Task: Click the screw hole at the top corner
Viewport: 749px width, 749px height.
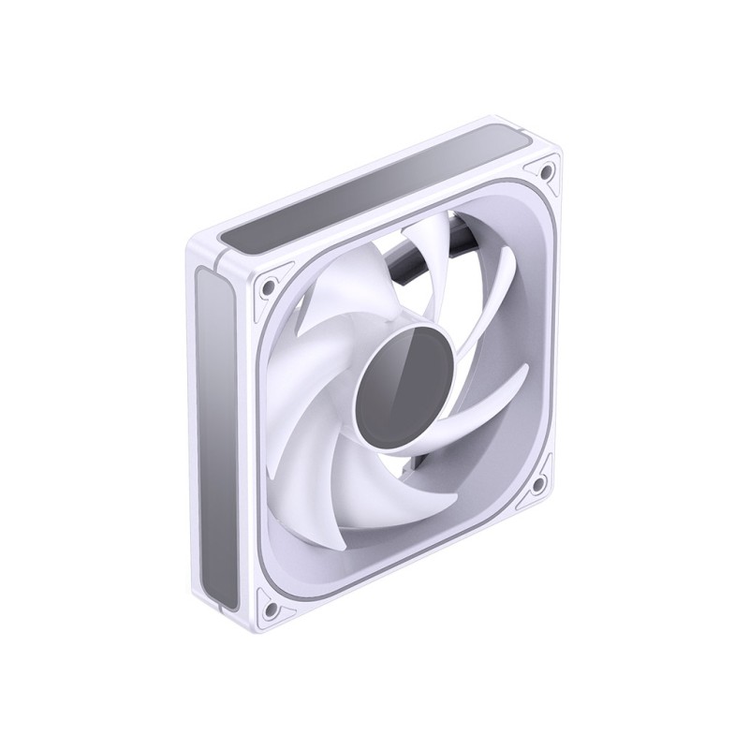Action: tap(542, 171)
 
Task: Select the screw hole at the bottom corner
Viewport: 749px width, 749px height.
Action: tap(272, 609)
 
